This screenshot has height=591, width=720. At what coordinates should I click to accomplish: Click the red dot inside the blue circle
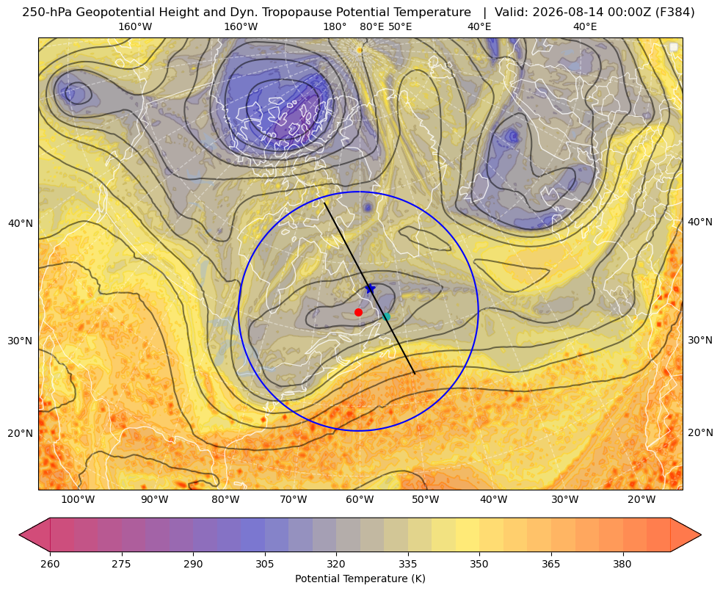pos(358,312)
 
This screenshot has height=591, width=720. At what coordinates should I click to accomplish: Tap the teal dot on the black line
pos(386,316)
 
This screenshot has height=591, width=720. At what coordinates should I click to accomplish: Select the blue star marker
pos(370,289)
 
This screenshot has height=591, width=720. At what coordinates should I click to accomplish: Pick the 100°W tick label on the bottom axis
pos(78,500)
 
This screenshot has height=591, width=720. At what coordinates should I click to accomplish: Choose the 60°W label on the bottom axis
pos(359,500)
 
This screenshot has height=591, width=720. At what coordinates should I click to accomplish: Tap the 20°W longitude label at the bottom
pos(641,500)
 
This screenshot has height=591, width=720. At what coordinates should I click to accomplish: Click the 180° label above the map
pos(335,26)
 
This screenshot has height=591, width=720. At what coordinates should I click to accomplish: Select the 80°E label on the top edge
pos(371,26)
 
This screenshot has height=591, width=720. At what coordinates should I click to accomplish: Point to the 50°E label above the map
pos(400,26)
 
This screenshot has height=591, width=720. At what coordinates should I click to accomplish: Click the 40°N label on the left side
pos(21,223)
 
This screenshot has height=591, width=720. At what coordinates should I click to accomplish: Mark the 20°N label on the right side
pos(700,432)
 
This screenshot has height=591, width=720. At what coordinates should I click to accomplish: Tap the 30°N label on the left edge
pos(21,341)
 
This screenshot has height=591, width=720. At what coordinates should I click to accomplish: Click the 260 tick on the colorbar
pos(50,564)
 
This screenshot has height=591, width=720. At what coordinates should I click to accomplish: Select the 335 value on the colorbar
pos(408,564)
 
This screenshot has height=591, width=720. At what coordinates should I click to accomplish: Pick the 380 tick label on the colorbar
pos(622,564)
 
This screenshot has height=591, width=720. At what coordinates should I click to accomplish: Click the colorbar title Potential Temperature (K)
pos(360,579)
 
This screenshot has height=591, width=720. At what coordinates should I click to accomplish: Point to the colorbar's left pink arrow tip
pos(19,534)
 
